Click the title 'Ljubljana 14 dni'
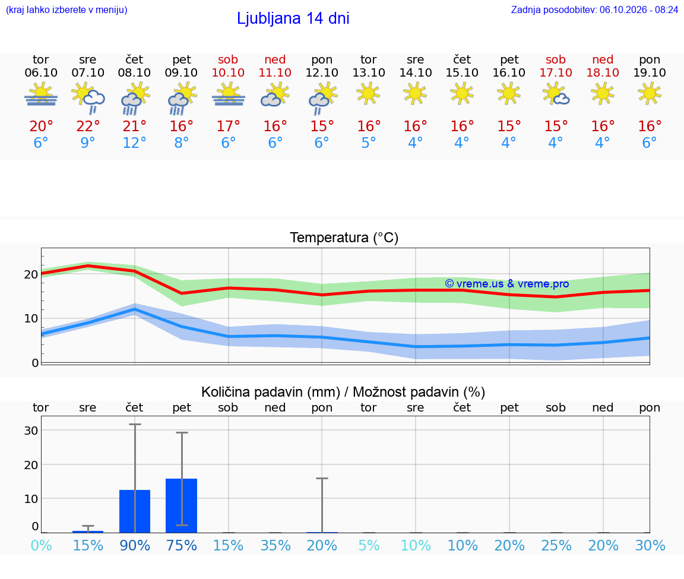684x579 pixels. (293, 18)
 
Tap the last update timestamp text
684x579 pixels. (594, 10)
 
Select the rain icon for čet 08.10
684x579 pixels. (134, 98)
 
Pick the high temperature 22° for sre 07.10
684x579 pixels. (88, 126)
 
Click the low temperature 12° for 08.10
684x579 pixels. (134, 143)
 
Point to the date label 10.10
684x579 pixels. (228, 72)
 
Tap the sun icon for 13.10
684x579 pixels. (369, 93)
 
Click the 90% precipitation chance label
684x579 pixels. (135, 545)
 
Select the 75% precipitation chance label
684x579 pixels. (182, 545)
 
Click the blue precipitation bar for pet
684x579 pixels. (182, 506)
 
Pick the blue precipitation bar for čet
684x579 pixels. (135, 511)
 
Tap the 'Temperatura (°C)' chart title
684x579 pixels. (344, 238)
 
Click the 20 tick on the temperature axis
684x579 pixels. (31, 274)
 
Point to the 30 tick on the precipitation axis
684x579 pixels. (31, 430)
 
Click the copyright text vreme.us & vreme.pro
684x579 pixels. (507, 284)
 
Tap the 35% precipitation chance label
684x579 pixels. (275, 545)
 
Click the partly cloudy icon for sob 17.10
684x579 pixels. (556, 94)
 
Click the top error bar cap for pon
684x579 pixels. (322, 479)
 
